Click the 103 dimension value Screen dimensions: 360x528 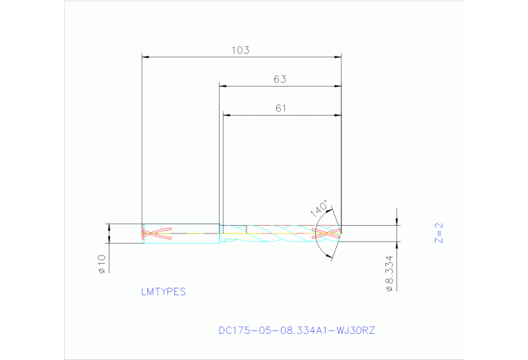241,50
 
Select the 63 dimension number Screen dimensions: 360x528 279,79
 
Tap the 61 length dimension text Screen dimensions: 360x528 280,108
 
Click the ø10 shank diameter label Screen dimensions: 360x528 101,264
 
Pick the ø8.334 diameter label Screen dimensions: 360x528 389,275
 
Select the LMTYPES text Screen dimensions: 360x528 163,292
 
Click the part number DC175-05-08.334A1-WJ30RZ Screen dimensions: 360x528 297,330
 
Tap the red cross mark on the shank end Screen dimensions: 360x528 157,233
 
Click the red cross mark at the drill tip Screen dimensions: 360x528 328,233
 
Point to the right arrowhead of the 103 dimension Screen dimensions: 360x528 338,56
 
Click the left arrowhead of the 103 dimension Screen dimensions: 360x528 145,56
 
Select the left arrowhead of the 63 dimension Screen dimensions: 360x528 223,86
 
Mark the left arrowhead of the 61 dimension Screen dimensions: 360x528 226,115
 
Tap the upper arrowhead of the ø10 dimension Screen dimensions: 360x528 109,226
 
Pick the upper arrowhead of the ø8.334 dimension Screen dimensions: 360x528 397,222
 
